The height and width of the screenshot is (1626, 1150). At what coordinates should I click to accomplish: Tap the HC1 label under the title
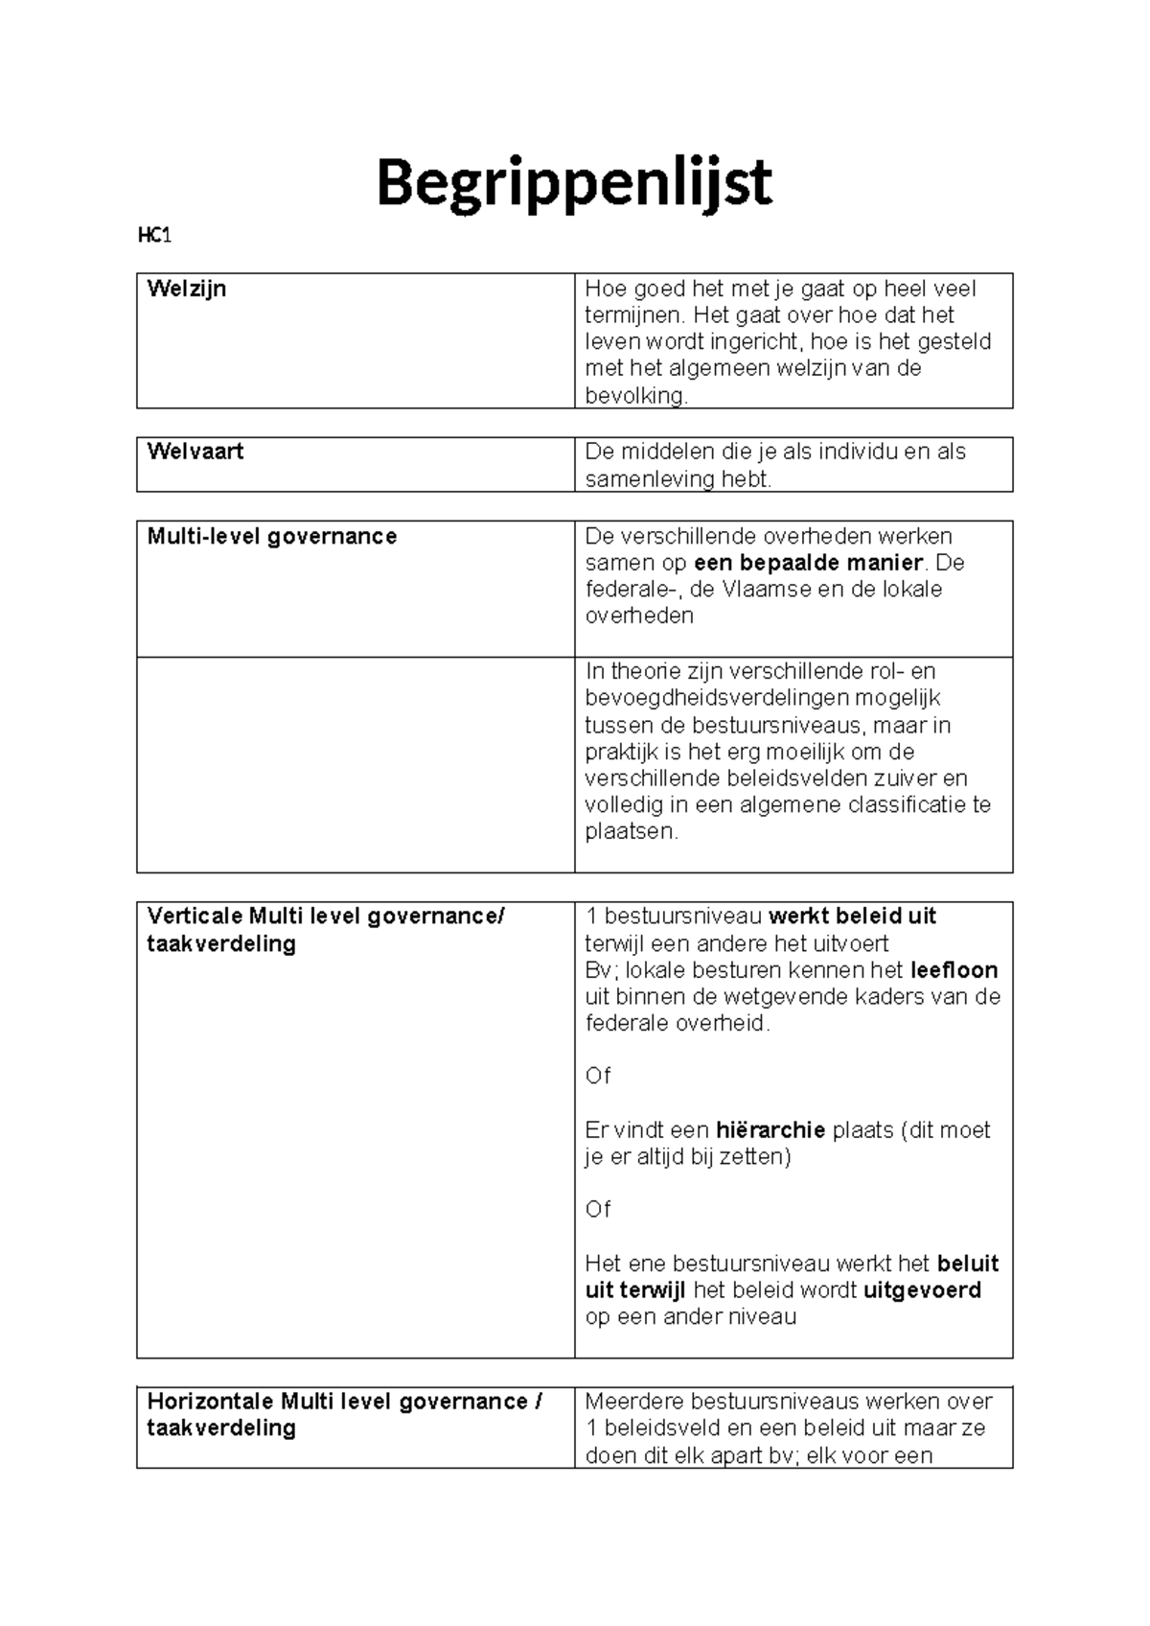tap(154, 236)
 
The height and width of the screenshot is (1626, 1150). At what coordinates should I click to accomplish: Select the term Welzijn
tap(187, 289)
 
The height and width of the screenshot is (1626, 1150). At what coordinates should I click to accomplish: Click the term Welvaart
tap(195, 452)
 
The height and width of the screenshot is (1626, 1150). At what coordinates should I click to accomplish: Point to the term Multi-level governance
tap(271, 536)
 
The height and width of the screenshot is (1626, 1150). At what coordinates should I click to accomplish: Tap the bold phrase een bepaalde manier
tap(808, 563)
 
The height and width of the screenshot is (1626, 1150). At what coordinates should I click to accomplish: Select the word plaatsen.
tap(630, 832)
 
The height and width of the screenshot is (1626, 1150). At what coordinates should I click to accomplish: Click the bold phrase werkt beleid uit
tap(852, 917)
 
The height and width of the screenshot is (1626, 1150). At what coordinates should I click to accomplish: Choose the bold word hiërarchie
tap(770, 1130)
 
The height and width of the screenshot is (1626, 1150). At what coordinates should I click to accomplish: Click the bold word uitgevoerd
tap(922, 1290)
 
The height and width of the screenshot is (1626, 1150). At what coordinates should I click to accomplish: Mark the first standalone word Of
tap(597, 1077)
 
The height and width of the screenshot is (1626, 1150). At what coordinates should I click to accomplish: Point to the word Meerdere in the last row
tap(633, 1402)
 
